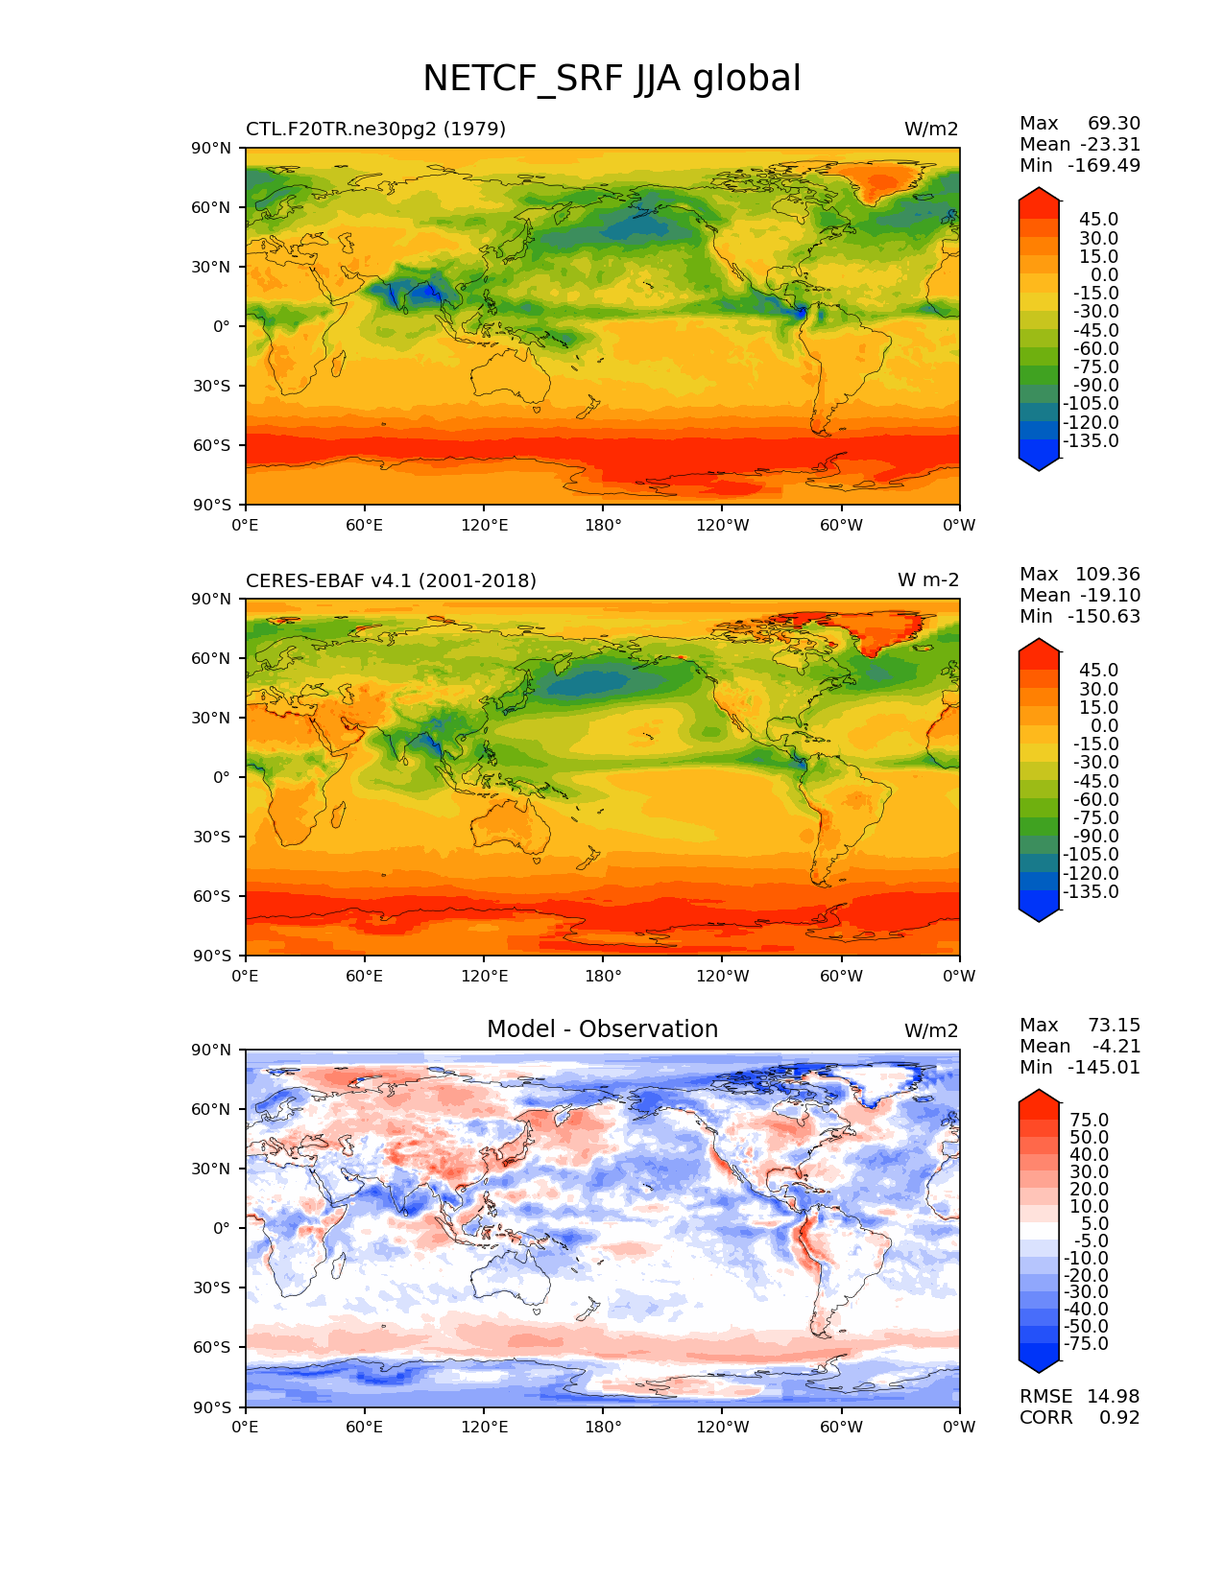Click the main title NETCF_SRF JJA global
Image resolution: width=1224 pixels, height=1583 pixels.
(612, 79)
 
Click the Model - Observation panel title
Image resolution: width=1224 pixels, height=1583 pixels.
(602, 1029)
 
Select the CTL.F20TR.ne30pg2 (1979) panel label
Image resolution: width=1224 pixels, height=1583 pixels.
(375, 129)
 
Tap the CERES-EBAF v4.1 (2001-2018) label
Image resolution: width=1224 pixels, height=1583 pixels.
(391, 580)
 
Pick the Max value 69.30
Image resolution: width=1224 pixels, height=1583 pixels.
(1114, 123)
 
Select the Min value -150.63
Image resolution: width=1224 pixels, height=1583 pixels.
(1107, 616)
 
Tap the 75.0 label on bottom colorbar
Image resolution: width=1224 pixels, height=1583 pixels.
(1089, 1120)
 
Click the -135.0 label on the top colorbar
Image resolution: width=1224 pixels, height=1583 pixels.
(1091, 441)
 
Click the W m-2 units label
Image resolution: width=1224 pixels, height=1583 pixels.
(927, 580)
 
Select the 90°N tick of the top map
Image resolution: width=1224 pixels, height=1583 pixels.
(212, 148)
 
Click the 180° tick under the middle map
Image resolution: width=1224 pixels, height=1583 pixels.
(603, 976)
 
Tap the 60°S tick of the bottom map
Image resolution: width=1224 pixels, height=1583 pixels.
(212, 1347)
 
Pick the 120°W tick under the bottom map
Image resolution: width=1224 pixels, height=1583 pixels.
(723, 1427)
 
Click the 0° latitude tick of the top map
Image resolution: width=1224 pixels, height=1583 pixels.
(221, 326)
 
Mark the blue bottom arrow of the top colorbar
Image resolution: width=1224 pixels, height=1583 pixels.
(1039, 463)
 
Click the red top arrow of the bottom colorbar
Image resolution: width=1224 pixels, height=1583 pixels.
(1039, 1098)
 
